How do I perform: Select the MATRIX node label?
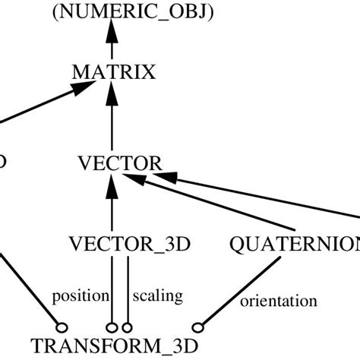[x=113, y=73]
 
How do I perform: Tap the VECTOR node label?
[x=120, y=163]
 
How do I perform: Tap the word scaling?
[x=158, y=295]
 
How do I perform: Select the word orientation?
[x=278, y=301]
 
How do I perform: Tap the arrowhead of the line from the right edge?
[x=171, y=176]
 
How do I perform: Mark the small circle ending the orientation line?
[x=198, y=327]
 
